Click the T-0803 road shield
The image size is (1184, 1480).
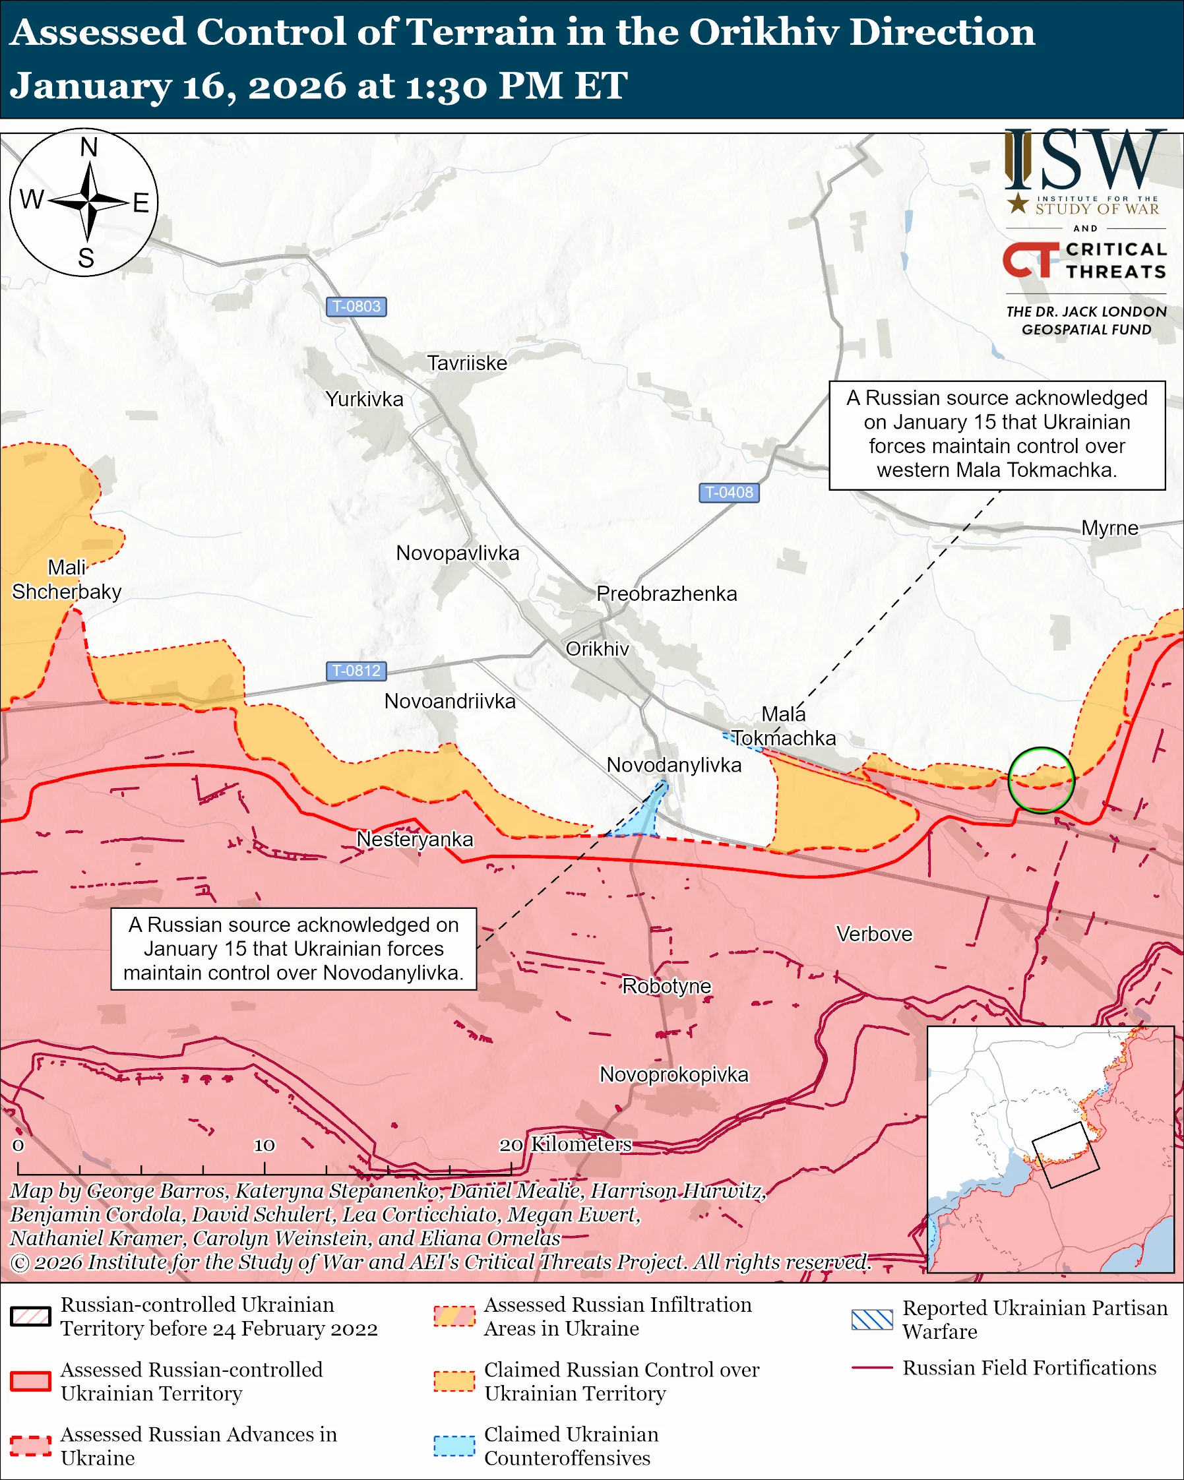tap(356, 306)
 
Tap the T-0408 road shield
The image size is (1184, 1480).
tap(729, 492)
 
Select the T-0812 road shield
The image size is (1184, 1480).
tap(356, 671)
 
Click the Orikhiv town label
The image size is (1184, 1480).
tap(596, 649)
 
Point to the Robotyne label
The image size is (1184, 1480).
tap(666, 986)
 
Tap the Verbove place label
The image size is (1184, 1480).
tap(874, 934)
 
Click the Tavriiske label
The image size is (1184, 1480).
tap(467, 363)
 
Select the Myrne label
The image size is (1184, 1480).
tap(1109, 528)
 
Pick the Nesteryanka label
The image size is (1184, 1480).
tap(415, 839)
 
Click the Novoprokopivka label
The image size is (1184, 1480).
tap(673, 1074)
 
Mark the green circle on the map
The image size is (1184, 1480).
tap(1041, 780)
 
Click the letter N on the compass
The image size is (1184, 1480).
tap(88, 148)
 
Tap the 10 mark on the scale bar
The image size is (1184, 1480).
tap(265, 1146)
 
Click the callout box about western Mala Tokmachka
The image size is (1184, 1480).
tap(997, 435)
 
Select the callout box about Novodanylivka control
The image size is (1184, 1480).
tap(294, 948)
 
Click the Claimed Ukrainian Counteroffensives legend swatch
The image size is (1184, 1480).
tap(454, 1446)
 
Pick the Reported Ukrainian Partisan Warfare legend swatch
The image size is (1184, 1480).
tap(872, 1319)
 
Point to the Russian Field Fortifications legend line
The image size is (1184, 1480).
tap(872, 1368)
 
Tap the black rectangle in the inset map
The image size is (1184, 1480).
tap(1065, 1156)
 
